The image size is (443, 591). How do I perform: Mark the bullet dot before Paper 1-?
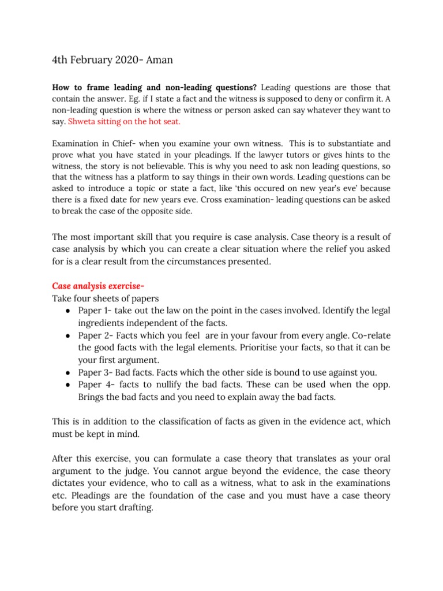pos(68,311)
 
